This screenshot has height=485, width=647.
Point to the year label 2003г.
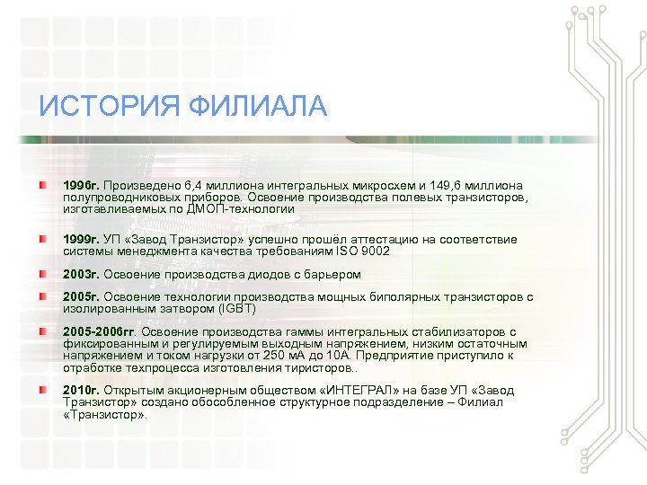81,274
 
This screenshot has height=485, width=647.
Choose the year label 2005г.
81,296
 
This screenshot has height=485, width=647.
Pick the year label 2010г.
81,392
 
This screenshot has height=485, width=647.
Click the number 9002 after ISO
373,251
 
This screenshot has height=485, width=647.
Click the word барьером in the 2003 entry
333,274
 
